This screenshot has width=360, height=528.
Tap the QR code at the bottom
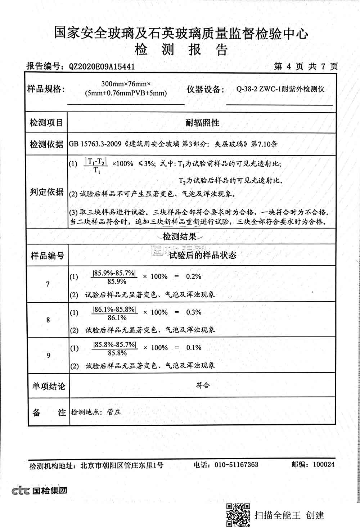(238, 515)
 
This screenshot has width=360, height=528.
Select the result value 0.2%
(193, 277)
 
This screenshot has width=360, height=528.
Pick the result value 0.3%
(194, 312)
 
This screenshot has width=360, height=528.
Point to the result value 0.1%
(194, 348)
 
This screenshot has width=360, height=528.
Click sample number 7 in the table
(48, 284)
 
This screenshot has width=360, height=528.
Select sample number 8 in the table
(48, 320)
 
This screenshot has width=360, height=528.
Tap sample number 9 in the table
(49, 356)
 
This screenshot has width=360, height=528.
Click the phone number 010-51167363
(236, 465)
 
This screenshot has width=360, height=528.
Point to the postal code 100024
(324, 465)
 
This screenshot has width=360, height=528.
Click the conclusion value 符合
(203, 385)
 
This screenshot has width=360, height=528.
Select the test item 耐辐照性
(202, 123)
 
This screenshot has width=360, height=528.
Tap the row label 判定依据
(46, 192)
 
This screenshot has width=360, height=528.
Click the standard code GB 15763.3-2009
(95, 144)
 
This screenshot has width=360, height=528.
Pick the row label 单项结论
(49, 387)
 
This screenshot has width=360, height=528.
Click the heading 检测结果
(180, 237)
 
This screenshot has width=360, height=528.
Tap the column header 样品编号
(47, 256)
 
